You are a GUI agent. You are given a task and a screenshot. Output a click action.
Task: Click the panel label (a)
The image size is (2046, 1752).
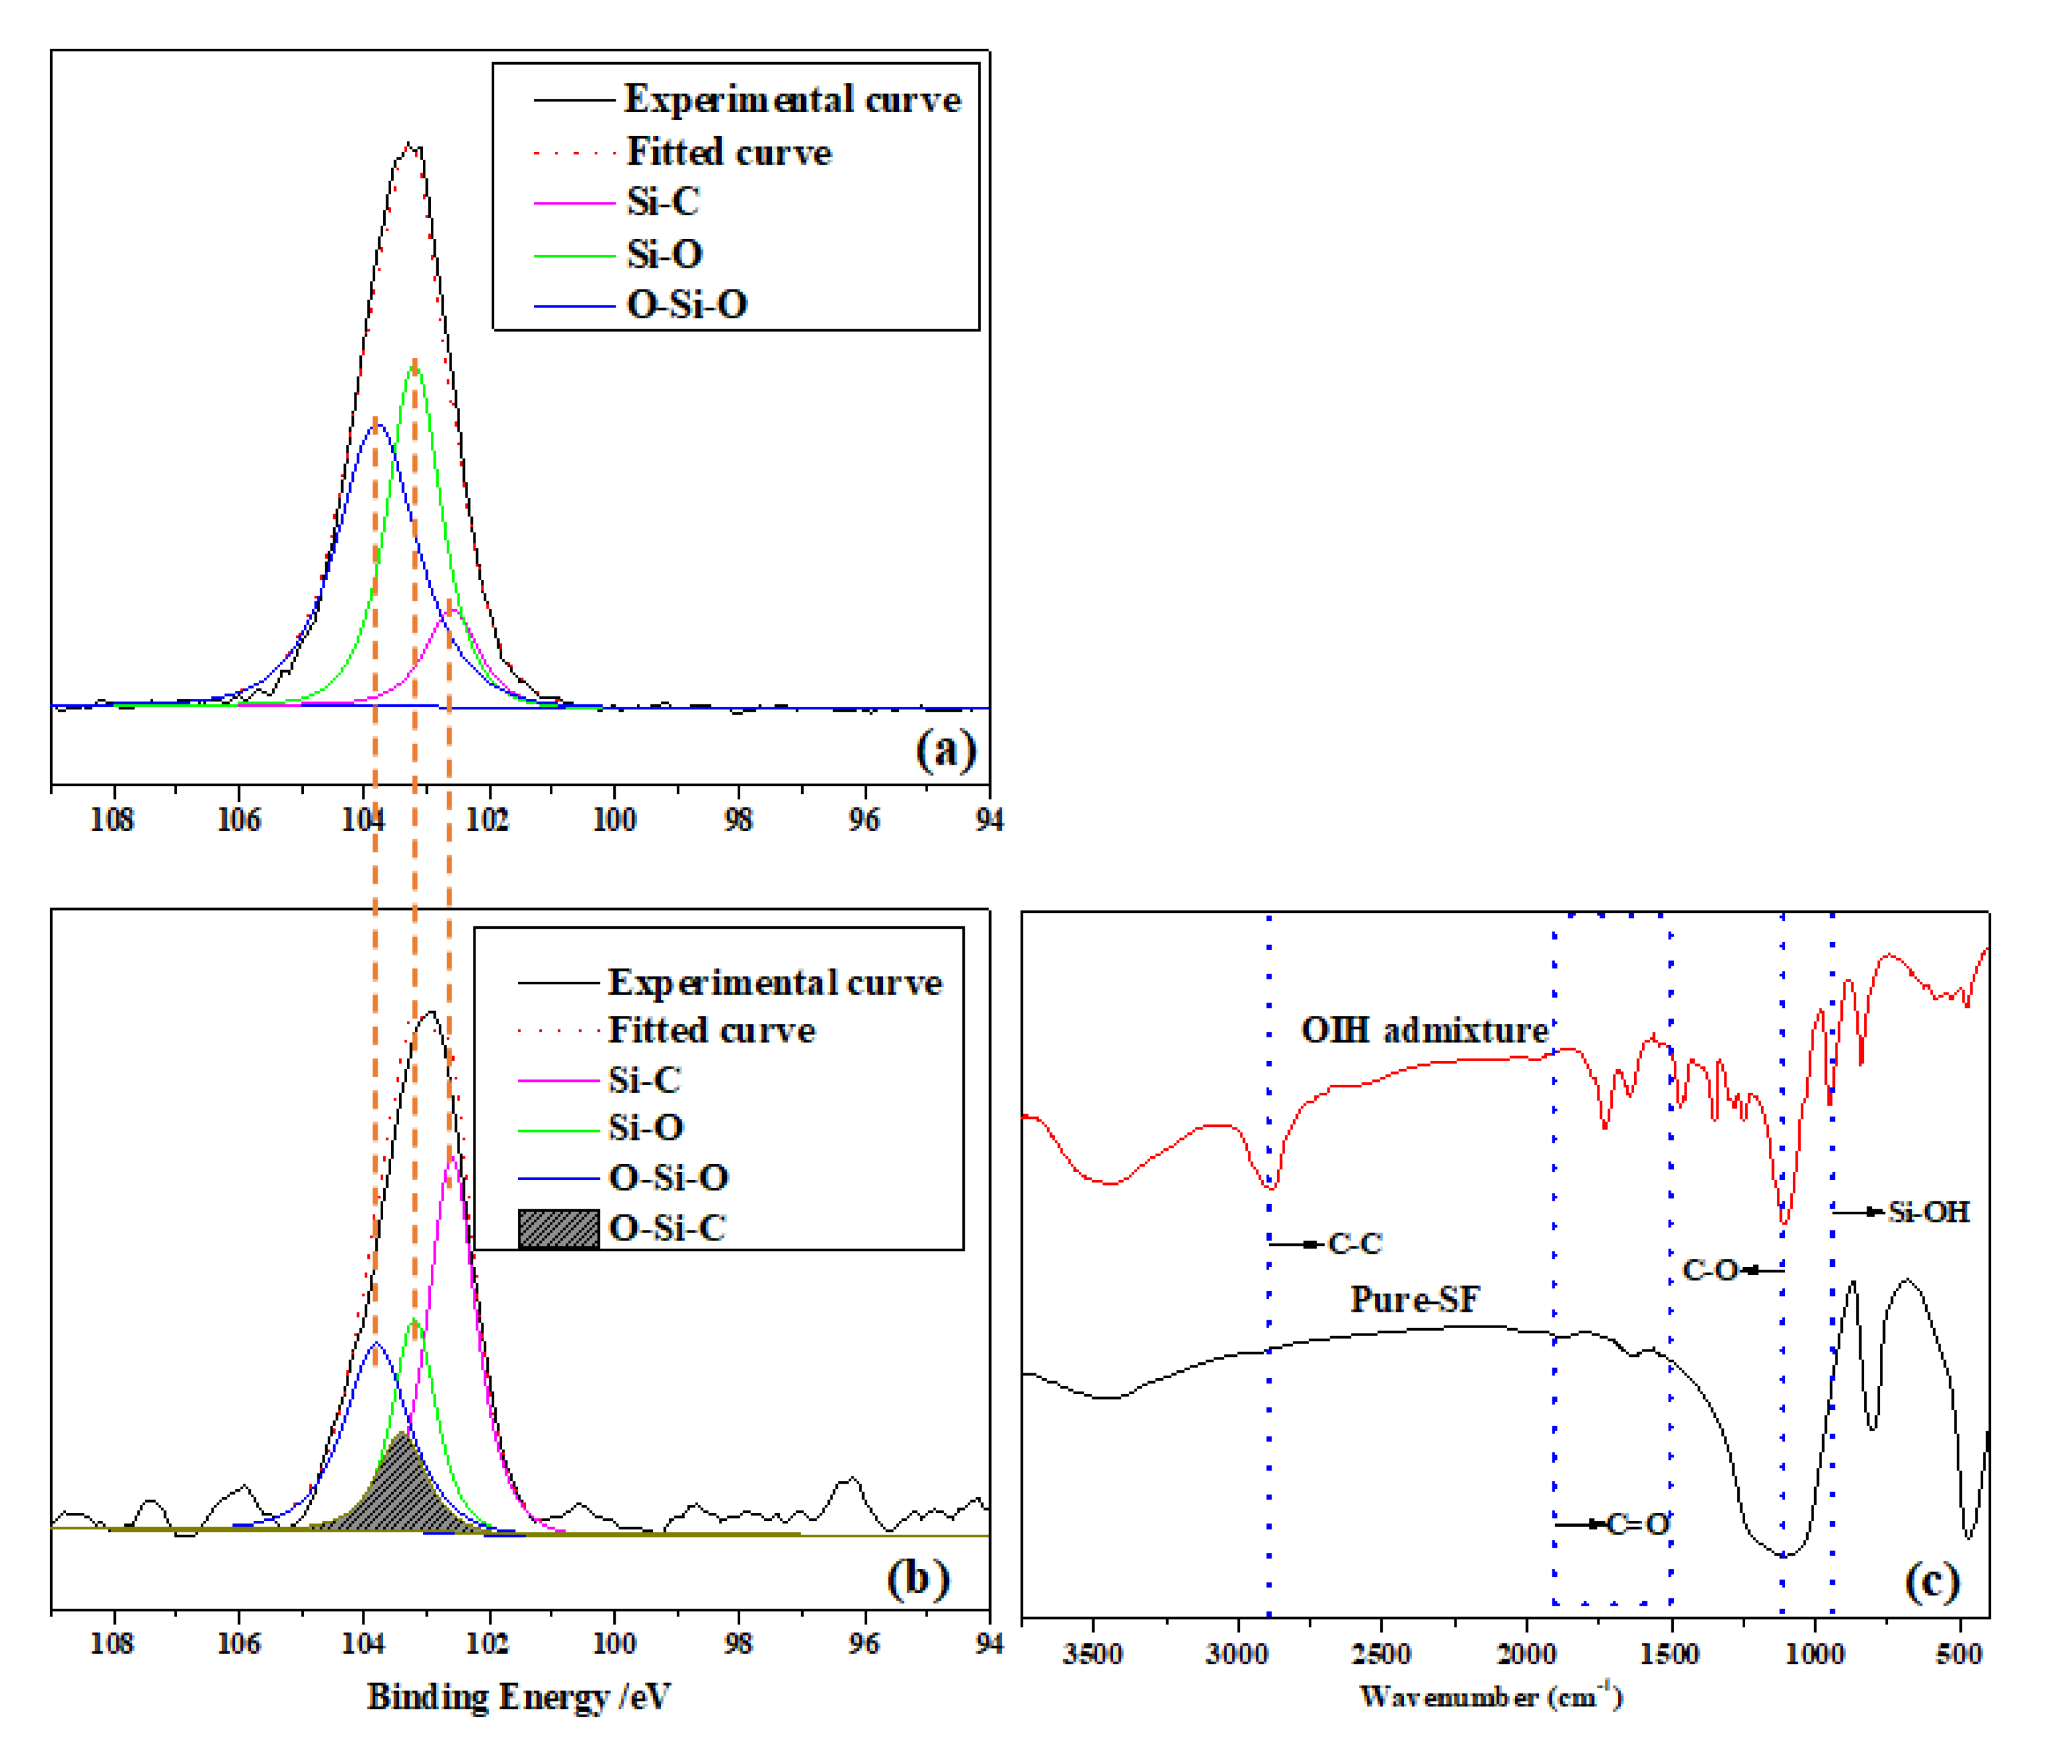pos(945,750)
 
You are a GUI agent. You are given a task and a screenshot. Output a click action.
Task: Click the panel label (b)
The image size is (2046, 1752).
pos(917,1578)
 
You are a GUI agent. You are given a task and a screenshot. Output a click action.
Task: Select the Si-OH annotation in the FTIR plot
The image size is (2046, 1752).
pos(1928,1212)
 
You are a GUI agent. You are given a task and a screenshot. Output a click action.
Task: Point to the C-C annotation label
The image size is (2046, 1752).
pos(1354,1243)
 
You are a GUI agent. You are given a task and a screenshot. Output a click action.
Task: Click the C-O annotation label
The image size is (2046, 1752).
pos(1709,1270)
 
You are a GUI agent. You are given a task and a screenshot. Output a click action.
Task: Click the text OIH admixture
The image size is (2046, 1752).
pos(1424,1031)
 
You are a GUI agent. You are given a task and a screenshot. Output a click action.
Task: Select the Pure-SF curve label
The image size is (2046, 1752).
pos(1414,1299)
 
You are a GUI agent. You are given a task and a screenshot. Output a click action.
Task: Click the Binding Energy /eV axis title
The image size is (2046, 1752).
pos(519,1697)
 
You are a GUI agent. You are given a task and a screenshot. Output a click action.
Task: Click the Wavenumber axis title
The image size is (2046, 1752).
pos(1490,1697)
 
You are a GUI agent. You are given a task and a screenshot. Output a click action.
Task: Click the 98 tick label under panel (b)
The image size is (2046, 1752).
pos(738,1643)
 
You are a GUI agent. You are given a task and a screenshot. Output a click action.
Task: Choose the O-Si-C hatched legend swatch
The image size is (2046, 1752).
pos(558,1229)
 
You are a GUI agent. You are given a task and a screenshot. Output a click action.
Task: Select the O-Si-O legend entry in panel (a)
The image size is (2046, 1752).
pos(686,305)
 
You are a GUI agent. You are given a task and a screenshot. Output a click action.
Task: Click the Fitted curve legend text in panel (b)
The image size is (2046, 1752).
pos(711,1031)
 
